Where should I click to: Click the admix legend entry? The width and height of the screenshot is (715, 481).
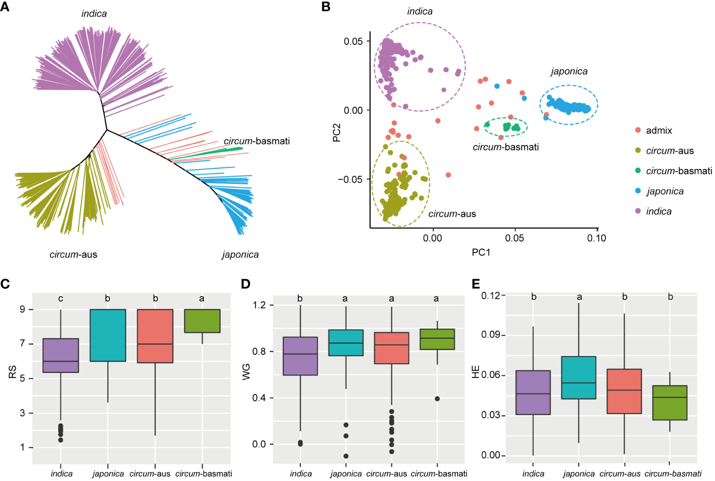[x=658, y=130]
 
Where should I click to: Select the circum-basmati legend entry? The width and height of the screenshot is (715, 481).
[x=679, y=171]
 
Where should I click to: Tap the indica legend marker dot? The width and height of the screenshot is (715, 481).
[x=638, y=211]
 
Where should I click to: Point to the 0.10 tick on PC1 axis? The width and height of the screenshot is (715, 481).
[x=596, y=238]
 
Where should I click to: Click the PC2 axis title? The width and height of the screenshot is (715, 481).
[x=337, y=133]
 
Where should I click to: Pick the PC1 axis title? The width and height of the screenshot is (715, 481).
[x=481, y=252]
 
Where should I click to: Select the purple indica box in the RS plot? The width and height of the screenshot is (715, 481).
[x=61, y=355]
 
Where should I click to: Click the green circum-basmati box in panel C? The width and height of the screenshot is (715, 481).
[x=202, y=321]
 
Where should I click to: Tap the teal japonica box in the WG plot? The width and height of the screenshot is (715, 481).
[x=346, y=342]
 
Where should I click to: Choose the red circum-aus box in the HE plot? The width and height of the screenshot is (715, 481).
[x=624, y=391]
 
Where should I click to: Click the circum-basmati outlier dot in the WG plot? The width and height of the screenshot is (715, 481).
[x=437, y=399]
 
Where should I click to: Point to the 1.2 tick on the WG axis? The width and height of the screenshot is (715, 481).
[x=260, y=305]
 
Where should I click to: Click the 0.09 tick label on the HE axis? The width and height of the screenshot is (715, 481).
[x=491, y=335]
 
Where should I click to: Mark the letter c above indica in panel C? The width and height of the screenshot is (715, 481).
[x=61, y=299]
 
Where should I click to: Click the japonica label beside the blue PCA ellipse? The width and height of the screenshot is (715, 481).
[x=569, y=71]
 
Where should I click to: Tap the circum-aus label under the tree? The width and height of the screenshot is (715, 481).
[x=73, y=254]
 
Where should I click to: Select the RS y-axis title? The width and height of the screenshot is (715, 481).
[x=12, y=372]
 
